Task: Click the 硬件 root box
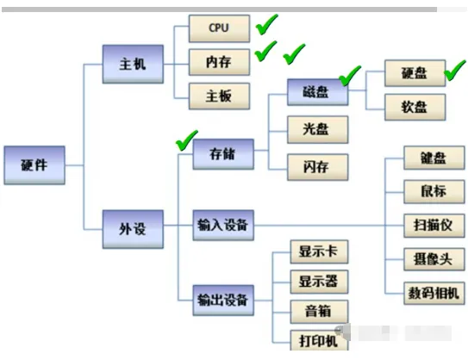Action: pyautogui.click(x=34, y=164)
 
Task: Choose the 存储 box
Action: pyautogui.click(x=222, y=156)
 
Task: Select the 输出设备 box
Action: pyautogui.click(x=222, y=300)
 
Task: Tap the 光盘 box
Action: pyautogui.click(x=318, y=129)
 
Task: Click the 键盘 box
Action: pyautogui.click(x=434, y=159)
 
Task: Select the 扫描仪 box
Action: pyautogui.click(x=434, y=226)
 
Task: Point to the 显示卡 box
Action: pyautogui.click(x=318, y=254)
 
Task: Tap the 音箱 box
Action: pyautogui.click(x=318, y=311)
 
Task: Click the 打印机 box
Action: pyautogui.click(x=318, y=340)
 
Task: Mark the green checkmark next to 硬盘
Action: pyautogui.click(x=454, y=72)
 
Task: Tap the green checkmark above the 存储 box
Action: pyautogui.click(x=185, y=139)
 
